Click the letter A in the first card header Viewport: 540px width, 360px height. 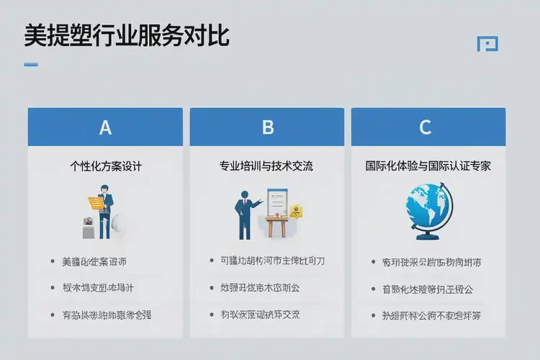point(105,127)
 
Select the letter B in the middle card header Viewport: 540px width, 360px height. point(268,127)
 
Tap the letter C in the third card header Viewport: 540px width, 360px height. point(426,127)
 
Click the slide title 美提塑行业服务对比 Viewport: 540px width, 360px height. point(127,35)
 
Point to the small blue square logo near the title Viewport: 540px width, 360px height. point(487,44)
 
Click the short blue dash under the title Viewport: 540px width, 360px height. point(31,65)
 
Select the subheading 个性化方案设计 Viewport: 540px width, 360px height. point(105,166)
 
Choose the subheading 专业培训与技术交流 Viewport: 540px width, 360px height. point(266,166)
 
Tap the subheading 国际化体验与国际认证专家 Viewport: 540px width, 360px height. point(428,166)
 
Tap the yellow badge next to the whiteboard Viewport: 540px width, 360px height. point(295,211)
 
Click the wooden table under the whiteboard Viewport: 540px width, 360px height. point(277,226)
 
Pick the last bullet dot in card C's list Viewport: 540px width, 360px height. point(374,315)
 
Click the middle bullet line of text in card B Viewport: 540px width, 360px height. point(260,288)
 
